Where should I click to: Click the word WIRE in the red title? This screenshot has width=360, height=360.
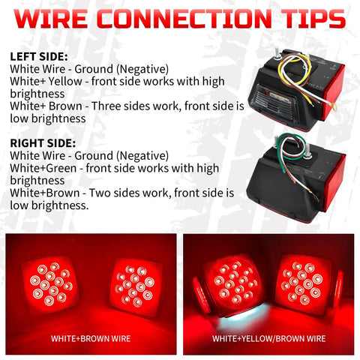pyautogui.click(x=51, y=19)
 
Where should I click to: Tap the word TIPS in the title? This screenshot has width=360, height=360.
pyautogui.click(x=315, y=19)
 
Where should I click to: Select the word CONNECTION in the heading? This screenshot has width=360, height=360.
pyautogui.click(x=184, y=19)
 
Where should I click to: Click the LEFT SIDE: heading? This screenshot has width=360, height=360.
pyautogui.click(x=39, y=57)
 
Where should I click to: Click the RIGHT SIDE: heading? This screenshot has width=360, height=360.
pyautogui.click(x=43, y=143)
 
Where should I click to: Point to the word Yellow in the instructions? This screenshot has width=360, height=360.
pyautogui.click(x=65, y=82)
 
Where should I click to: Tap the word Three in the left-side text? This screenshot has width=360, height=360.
pyautogui.click(x=106, y=106)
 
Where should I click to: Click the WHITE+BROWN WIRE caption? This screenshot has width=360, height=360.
pyautogui.click(x=91, y=338)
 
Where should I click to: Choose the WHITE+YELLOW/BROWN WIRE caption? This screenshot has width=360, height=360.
pyautogui.click(x=269, y=338)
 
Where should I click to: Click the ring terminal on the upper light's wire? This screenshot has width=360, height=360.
pyautogui.click(x=334, y=107)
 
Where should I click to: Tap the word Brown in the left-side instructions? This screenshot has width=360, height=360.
pyautogui.click(x=65, y=106)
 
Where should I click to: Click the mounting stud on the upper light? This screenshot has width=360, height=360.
pyautogui.click(x=277, y=54)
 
